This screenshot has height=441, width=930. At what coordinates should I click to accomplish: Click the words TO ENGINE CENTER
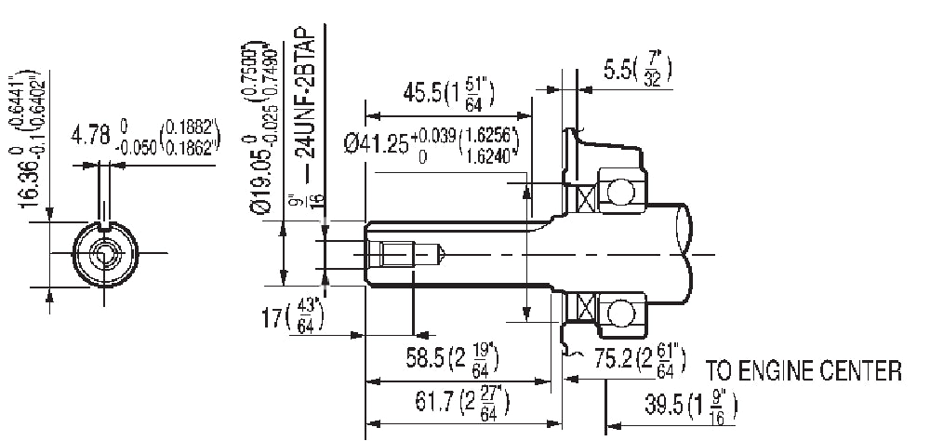point(804,371)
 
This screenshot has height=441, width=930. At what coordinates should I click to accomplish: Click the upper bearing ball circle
point(618,193)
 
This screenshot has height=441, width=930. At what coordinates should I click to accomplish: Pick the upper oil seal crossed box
point(586,197)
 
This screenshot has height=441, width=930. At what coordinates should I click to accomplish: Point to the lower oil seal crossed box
point(585,306)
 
